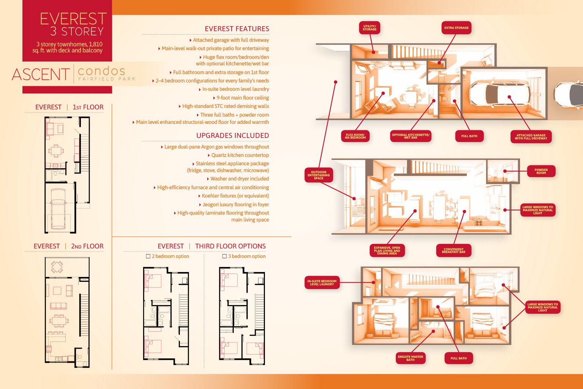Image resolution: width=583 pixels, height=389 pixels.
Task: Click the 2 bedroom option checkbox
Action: pyautogui.click(x=148, y=256)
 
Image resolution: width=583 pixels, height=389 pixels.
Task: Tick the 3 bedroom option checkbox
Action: pyautogui.click(x=224, y=256)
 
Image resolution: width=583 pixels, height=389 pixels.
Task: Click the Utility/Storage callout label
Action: pyautogui.click(x=369, y=28)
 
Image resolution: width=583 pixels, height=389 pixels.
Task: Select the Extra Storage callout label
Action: pyautogui.click(x=456, y=28)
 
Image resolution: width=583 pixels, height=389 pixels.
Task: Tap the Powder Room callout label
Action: pyautogui.click(x=541, y=171)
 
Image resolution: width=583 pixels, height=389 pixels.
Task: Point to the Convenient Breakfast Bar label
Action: pyautogui.click(x=454, y=251)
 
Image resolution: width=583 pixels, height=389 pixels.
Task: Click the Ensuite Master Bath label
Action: pyautogui.click(x=410, y=358)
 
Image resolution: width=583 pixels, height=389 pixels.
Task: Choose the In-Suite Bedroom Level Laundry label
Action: pyautogui.click(x=322, y=283)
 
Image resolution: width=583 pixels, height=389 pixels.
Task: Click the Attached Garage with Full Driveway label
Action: pyautogui.click(x=531, y=137)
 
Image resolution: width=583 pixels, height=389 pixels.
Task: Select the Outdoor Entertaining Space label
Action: pyautogui.click(x=319, y=175)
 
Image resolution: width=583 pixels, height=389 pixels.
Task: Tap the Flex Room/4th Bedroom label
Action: pyautogui.click(x=355, y=136)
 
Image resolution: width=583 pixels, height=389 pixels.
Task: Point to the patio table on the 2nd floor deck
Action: pyautogui.click(x=57, y=267)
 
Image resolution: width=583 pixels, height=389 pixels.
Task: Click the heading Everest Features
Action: pyautogui.click(x=237, y=29)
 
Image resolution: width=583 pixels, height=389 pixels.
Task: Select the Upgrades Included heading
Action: pyautogui.click(x=232, y=136)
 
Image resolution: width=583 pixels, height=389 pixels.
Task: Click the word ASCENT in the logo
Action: pyautogui.click(x=41, y=74)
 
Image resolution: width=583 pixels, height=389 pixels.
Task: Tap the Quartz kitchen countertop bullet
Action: pyautogui.click(x=240, y=155)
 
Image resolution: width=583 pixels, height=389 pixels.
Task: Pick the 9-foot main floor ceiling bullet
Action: pyautogui.click(x=243, y=98)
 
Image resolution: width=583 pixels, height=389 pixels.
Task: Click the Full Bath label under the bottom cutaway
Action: pyautogui.click(x=459, y=358)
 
